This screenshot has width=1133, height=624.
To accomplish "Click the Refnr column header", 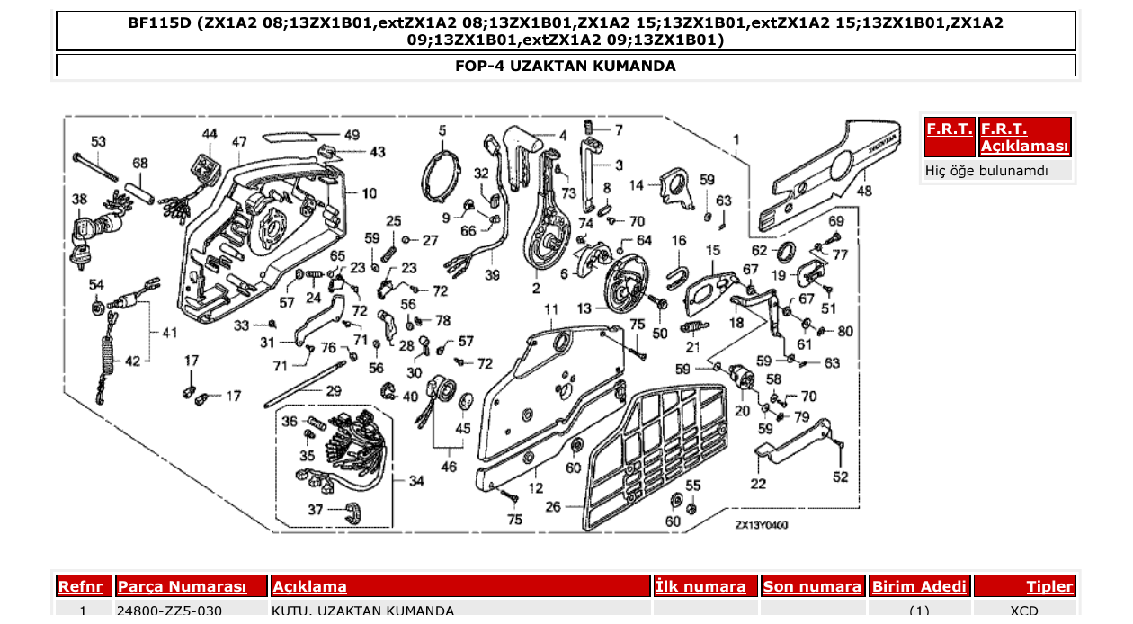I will pyautogui.click(x=84, y=586).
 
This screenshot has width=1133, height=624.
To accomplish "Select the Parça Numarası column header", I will pyautogui.click(x=182, y=586).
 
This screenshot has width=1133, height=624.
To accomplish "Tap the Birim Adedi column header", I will pyautogui.click(x=919, y=586).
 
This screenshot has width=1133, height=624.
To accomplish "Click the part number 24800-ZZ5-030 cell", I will pyautogui.click(x=170, y=611).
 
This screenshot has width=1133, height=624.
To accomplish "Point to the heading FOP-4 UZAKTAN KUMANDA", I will pyautogui.click(x=566, y=66).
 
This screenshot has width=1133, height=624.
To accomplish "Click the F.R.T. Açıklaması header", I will pyautogui.click(x=1024, y=138).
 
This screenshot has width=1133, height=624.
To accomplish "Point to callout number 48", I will pyautogui.click(x=864, y=191).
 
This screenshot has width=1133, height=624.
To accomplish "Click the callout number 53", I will pyautogui.click(x=98, y=141).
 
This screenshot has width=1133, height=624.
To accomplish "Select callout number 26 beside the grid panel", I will pyautogui.click(x=552, y=507).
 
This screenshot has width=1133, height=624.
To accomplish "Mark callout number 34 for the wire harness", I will pyautogui.click(x=415, y=481).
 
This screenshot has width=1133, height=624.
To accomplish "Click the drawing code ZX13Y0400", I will pyautogui.click(x=761, y=525).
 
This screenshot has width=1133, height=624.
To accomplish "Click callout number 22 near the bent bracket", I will pyautogui.click(x=759, y=484).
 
